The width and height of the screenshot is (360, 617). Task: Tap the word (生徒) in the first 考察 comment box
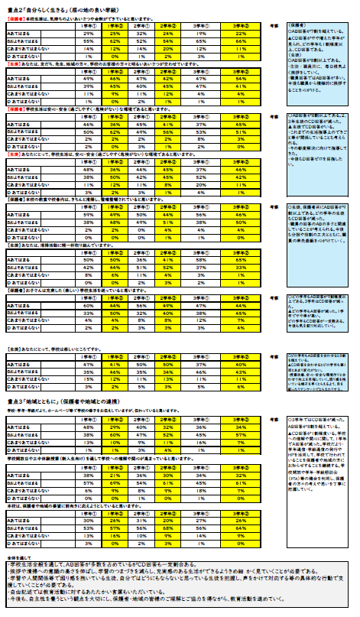(299, 53)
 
